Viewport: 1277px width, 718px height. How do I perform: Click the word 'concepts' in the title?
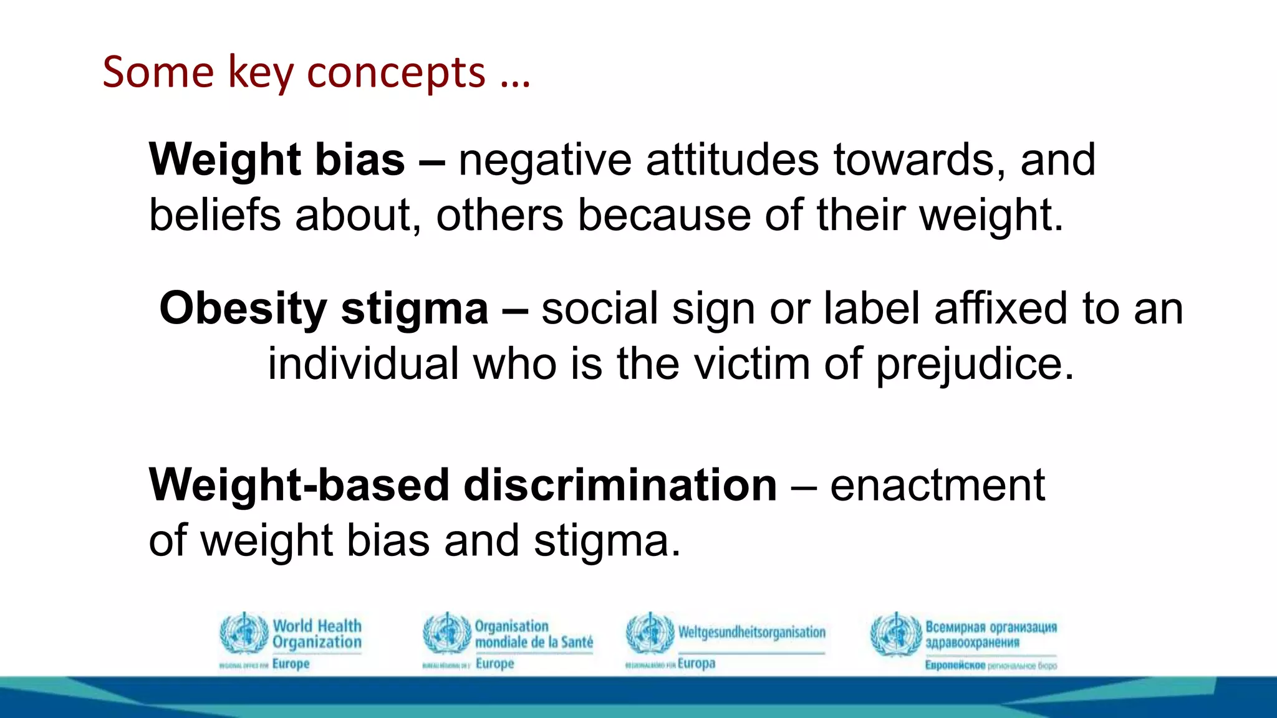(396, 73)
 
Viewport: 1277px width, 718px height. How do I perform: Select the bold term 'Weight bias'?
(277, 160)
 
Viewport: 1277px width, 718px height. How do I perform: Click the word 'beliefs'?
(214, 215)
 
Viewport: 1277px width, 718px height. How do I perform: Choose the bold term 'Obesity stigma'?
(324, 309)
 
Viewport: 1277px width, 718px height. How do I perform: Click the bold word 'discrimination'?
(620, 485)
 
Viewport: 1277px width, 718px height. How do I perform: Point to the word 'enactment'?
(937, 485)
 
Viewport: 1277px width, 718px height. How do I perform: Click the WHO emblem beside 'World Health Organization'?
(244, 633)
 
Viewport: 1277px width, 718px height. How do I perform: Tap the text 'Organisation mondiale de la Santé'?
(533, 634)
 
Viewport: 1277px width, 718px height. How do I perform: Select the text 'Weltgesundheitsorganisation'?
(751, 632)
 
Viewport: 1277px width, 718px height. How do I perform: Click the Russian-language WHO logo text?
(991, 634)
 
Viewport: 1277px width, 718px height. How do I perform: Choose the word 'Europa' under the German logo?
(696, 663)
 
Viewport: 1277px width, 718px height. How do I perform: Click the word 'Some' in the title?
(158, 73)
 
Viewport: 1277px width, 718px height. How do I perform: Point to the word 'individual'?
(364, 364)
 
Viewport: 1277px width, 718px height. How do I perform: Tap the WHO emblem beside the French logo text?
(446, 633)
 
